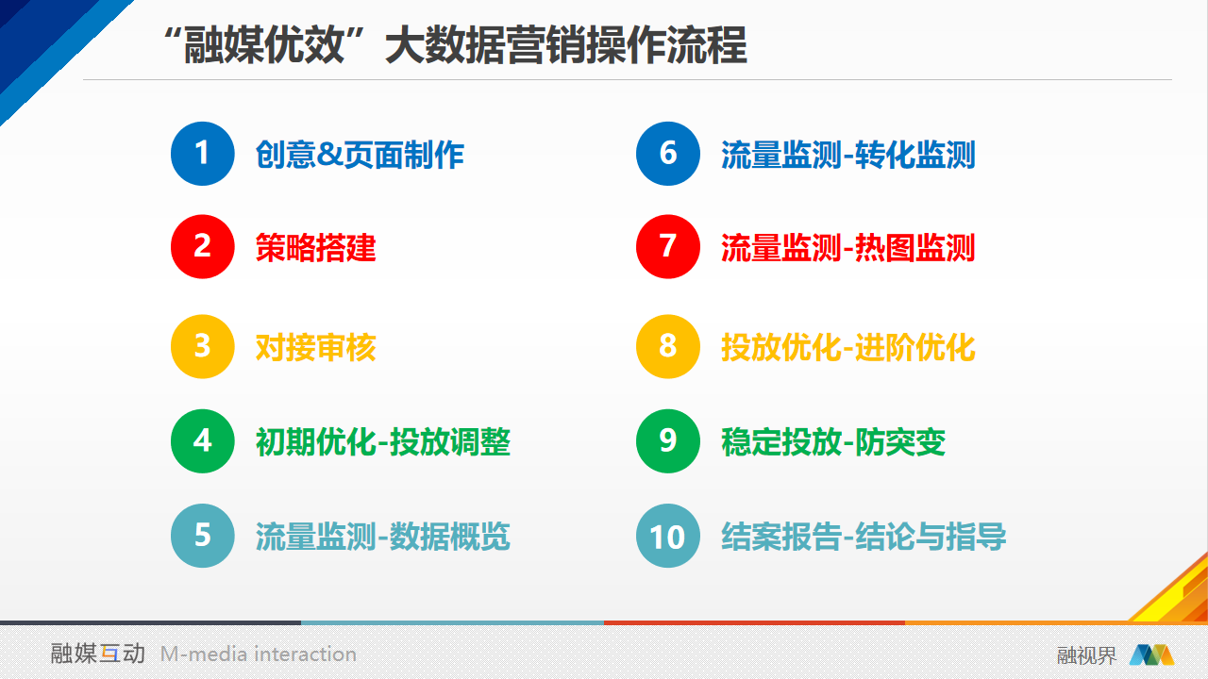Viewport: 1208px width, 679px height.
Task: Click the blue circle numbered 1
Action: coord(203,154)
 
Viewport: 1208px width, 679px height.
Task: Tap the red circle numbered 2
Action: coord(203,247)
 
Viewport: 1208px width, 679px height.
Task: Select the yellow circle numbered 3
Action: coord(203,346)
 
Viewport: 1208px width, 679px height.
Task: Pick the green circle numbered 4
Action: coord(203,441)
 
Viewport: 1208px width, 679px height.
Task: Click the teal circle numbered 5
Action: coord(203,536)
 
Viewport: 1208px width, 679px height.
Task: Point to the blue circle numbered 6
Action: coord(668,154)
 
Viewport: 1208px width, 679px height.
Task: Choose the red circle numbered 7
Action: coord(668,247)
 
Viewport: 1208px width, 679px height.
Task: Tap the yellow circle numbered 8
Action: coord(668,346)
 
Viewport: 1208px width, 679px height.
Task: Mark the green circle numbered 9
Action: coord(668,441)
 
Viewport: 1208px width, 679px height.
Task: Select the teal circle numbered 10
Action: coord(668,536)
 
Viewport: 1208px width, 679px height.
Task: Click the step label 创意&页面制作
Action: coord(360,156)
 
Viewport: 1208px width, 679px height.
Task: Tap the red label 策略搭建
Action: coord(315,248)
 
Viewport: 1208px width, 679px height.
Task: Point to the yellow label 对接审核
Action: coord(315,348)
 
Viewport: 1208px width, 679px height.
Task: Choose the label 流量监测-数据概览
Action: coord(383,537)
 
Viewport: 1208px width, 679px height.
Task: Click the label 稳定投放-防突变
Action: coord(833,442)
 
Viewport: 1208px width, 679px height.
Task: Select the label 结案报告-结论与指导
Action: coord(864,537)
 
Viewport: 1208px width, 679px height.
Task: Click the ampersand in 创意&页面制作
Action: coord(329,155)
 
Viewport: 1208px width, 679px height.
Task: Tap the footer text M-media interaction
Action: coord(259,654)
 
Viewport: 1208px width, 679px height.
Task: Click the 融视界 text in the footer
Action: coord(1086,655)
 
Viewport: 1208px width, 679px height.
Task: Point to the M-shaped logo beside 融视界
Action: coord(1152,654)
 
